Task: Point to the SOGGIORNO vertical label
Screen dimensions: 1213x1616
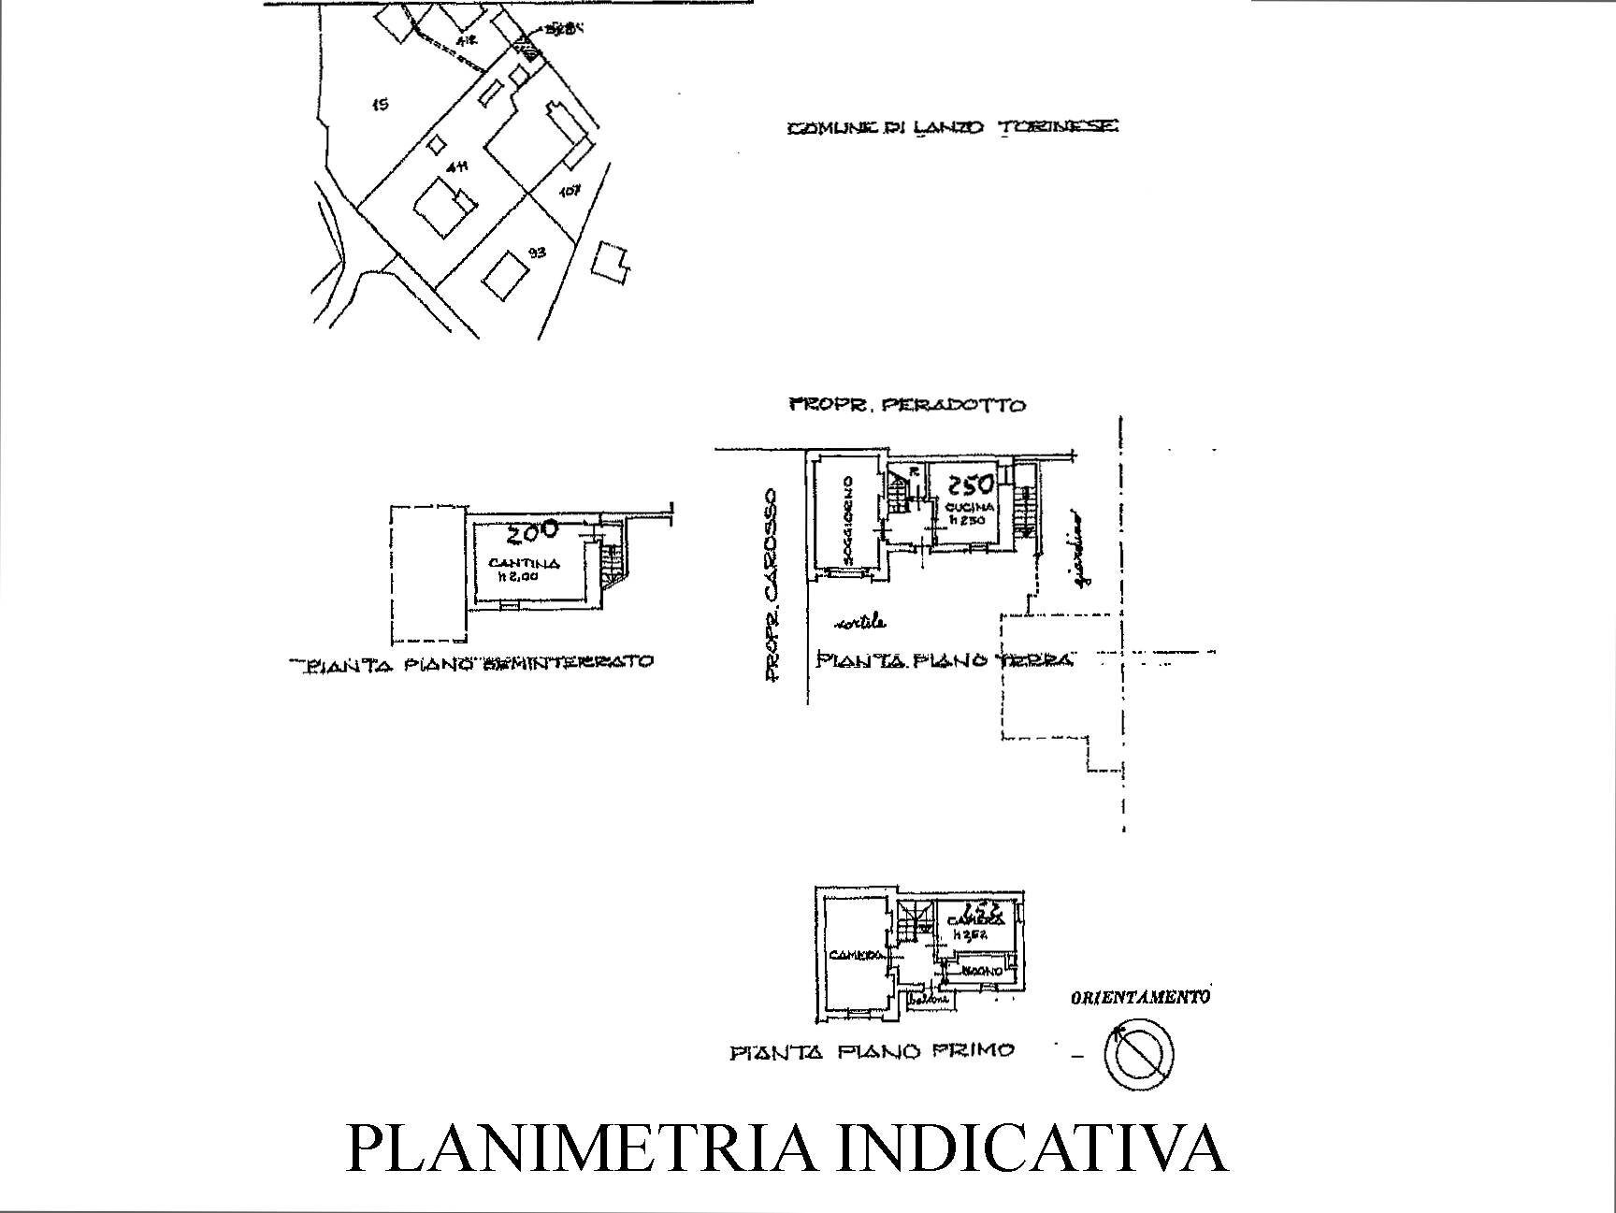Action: pyautogui.click(x=846, y=520)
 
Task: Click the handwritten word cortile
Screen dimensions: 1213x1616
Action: pyautogui.click(x=860, y=623)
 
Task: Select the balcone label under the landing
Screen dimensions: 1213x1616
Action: pyautogui.click(x=931, y=1000)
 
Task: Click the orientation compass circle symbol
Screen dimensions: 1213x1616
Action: pyautogui.click(x=1138, y=1053)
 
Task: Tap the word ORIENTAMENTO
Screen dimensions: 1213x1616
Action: pyautogui.click(x=1140, y=998)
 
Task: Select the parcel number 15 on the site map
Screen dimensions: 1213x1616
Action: pyautogui.click(x=379, y=105)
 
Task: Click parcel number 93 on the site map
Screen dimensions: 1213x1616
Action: pyautogui.click(x=537, y=252)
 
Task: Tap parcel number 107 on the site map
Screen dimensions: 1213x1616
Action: pyautogui.click(x=570, y=191)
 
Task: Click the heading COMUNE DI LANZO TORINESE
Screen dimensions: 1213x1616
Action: pyautogui.click(x=952, y=128)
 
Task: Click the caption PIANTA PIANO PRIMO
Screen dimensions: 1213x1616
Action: pyautogui.click(x=871, y=1051)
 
